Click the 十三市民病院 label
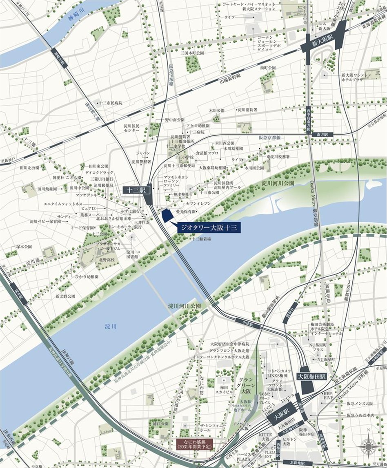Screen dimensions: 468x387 point(111,103)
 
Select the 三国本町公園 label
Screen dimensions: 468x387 point(194,53)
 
